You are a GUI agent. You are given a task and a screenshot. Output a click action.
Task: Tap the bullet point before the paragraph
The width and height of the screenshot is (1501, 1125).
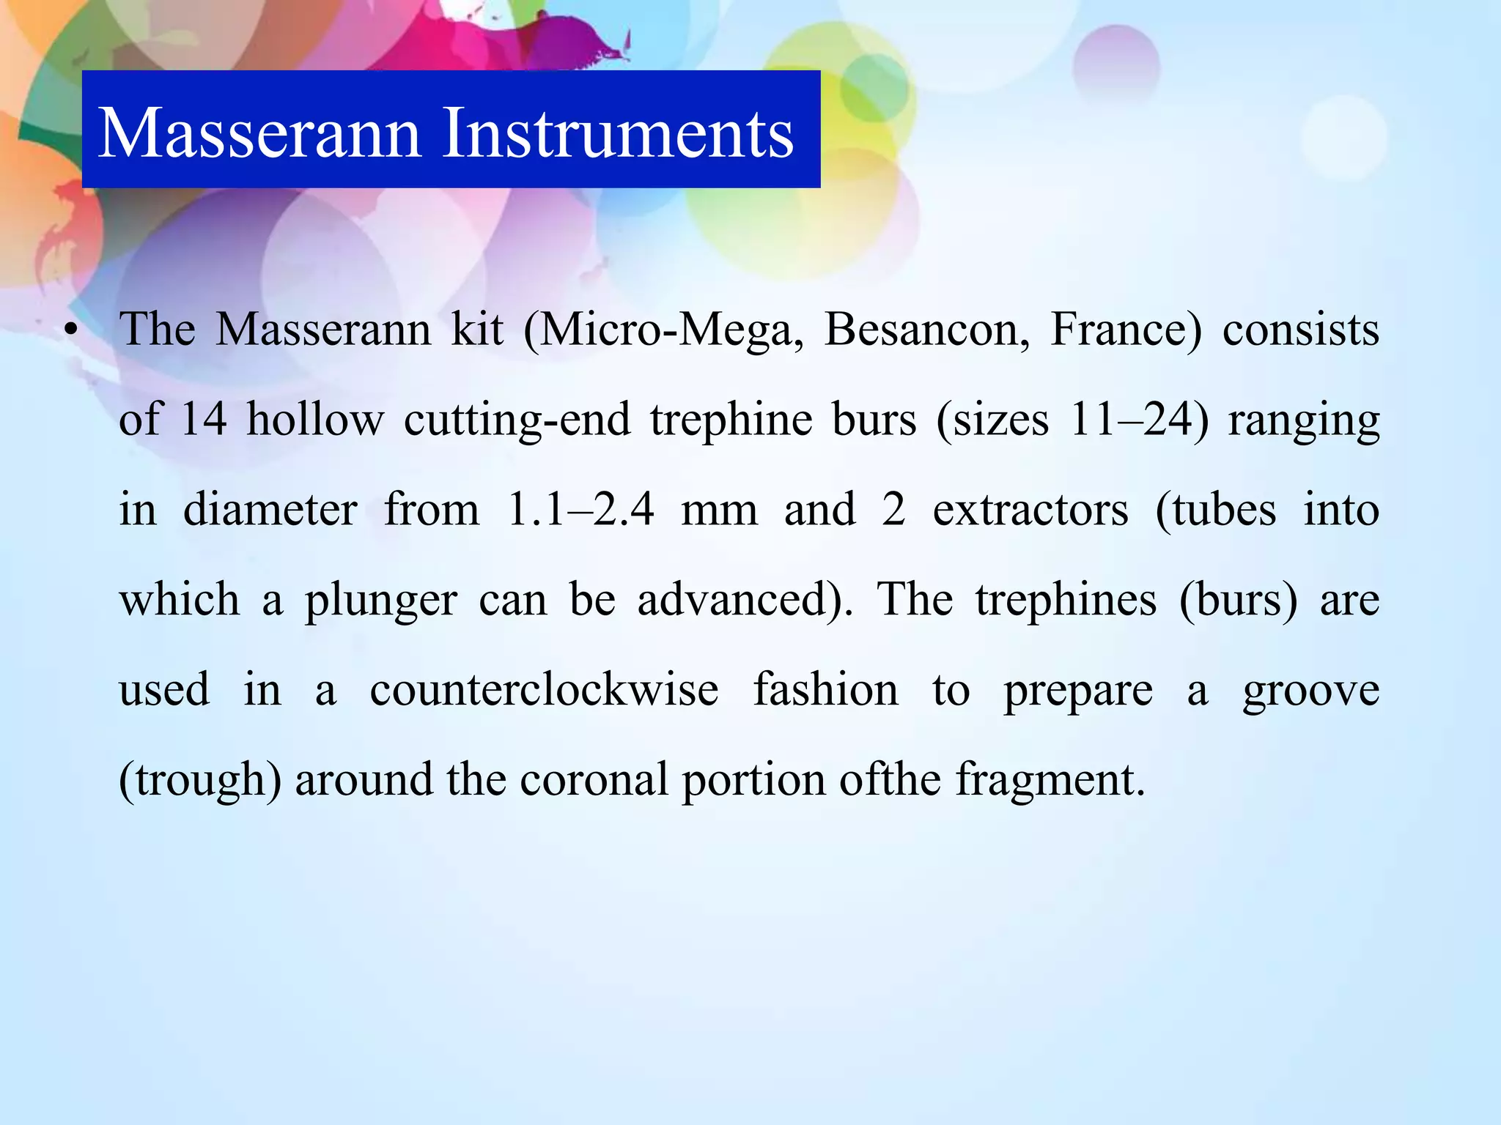coord(70,330)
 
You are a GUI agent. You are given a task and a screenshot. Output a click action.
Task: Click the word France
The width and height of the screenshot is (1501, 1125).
coord(1126,330)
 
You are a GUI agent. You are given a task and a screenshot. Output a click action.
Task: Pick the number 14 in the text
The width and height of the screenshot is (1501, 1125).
coord(203,420)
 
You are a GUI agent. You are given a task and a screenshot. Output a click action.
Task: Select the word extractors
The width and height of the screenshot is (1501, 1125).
coord(1030,510)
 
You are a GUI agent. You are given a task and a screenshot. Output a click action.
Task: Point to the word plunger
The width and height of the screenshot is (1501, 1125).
coord(381,600)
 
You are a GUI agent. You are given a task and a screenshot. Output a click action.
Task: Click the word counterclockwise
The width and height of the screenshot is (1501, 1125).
coord(544,690)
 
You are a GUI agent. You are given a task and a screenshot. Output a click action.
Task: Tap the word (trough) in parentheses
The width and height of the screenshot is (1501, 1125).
coord(200,780)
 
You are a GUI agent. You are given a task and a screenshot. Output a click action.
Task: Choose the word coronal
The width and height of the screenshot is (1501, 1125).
coord(594,780)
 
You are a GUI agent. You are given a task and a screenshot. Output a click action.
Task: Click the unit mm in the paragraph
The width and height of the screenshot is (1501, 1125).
coord(719,510)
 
